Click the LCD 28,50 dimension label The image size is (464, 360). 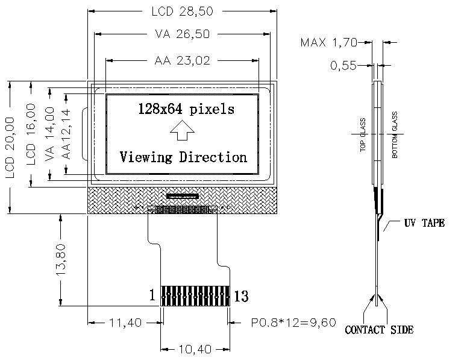coord(182,11)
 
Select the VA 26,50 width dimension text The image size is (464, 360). coord(182,34)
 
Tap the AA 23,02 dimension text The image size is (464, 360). coord(182,60)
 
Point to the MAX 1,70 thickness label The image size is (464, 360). coord(329,43)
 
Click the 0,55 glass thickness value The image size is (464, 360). coord(343,66)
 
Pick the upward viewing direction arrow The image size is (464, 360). coord(182,130)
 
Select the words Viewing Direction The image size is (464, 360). coord(183,157)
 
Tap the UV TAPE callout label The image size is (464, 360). coord(424,223)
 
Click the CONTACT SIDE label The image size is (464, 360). coord(379,330)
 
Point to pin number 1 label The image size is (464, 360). coord(152,295)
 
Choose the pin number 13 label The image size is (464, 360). coord(241,296)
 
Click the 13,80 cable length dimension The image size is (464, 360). coord(61,260)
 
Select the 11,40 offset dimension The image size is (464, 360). coord(125,323)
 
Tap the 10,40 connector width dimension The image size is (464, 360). coord(195,349)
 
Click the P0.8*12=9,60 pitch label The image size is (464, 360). coord(293,323)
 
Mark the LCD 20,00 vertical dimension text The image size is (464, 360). coord(10,147)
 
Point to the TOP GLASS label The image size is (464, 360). coord(363,135)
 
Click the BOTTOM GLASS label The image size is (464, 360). coord(395,135)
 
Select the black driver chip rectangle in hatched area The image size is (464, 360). coord(182,196)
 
